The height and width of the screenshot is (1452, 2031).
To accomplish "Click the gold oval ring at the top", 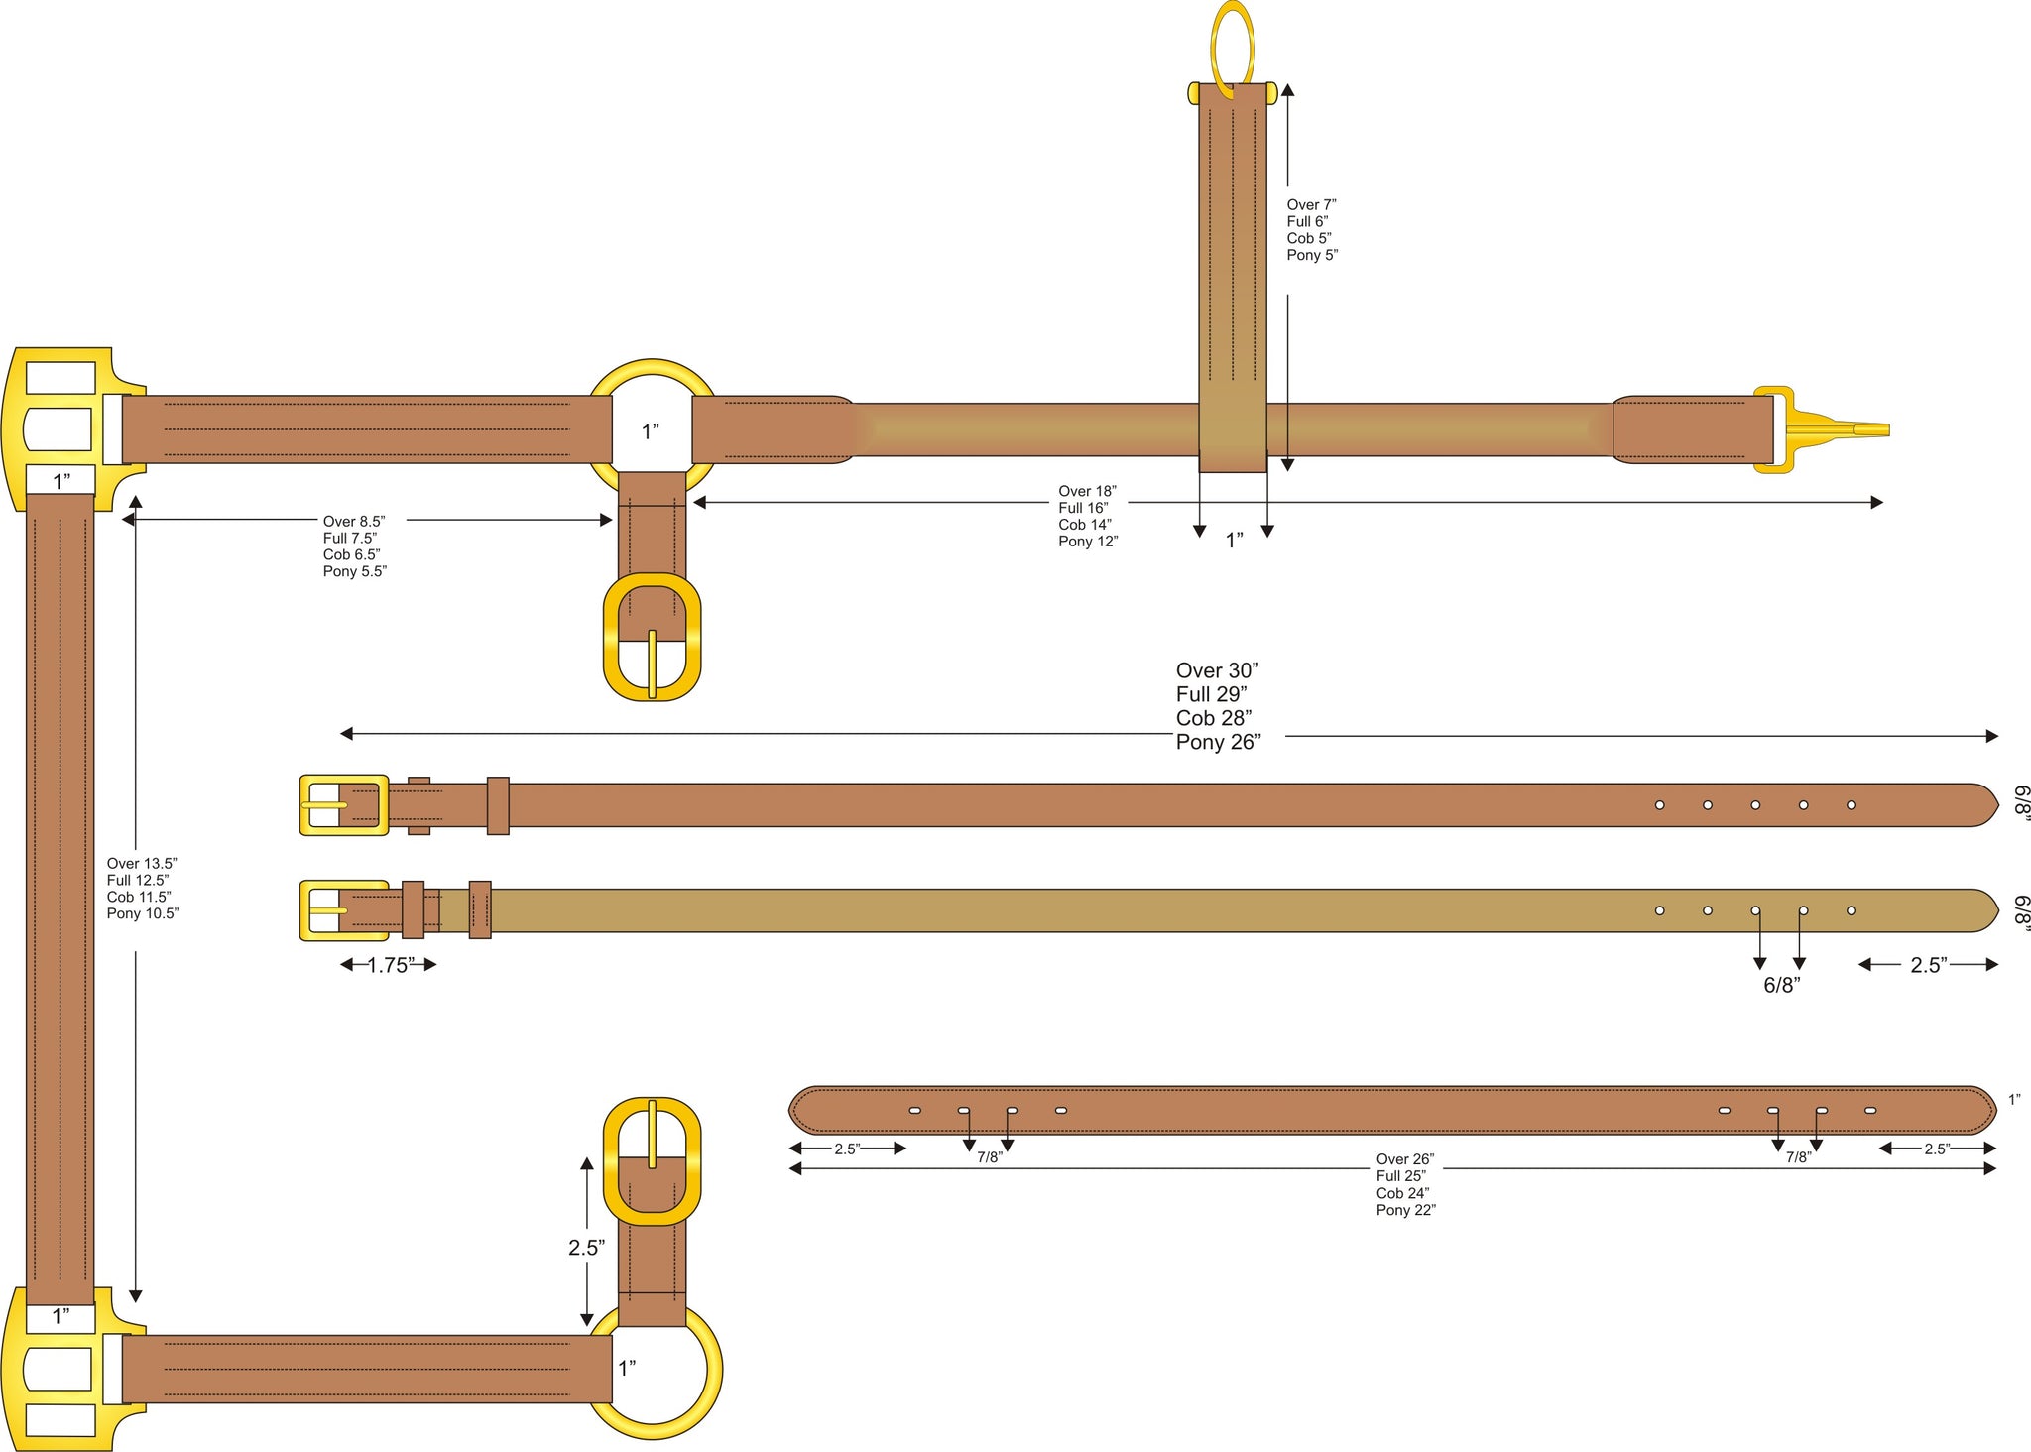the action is pyautogui.click(x=1213, y=50).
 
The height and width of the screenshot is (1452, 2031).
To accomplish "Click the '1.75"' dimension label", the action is pyautogui.click(x=389, y=965).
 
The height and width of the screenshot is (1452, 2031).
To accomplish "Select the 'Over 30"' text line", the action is pyautogui.click(x=1217, y=671).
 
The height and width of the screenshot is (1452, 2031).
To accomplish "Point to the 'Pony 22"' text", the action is pyautogui.click(x=1405, y=1210).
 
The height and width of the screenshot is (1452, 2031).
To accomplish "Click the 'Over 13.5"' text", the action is pyautogui.click(x=142, y=864).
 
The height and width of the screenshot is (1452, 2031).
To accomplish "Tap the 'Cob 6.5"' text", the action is pyautogui.click(x=351, y=555).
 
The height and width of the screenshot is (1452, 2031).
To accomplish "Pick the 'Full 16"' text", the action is pyautogui.click(x=1083, y=508).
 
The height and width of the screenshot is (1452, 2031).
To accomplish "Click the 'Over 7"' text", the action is pyautogui.click(x=1311, y=205).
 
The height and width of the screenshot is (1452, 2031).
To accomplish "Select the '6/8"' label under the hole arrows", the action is pyautogui.click(x=1781, y=986).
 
